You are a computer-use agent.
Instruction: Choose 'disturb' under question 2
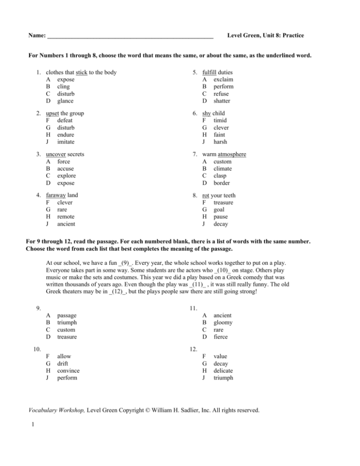pyautogui.click(x=65, y=127)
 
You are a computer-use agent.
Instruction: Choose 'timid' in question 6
pyautogui.click(x=221, y=120)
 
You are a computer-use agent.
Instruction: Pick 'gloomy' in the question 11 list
pyautogui.click(x=223, y=323)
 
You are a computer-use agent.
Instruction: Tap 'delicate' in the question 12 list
pyautogui.click(x=225, y=370)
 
